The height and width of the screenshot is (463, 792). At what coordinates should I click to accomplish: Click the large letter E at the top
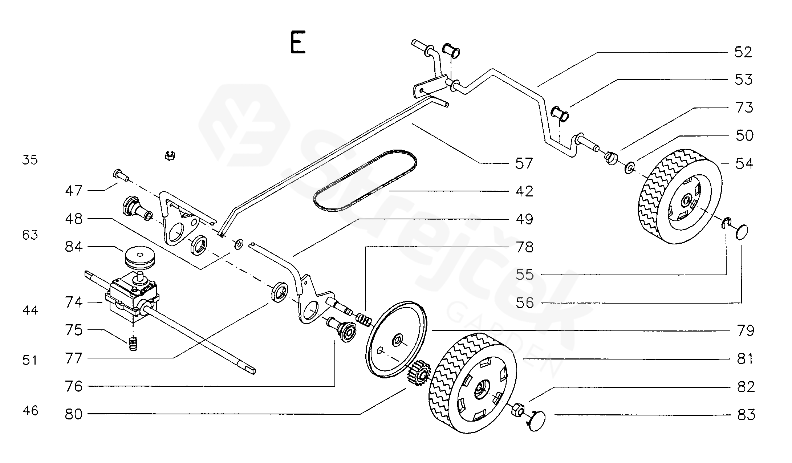tap(297, 42)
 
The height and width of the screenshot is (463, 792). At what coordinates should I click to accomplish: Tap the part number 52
tap(743, 52)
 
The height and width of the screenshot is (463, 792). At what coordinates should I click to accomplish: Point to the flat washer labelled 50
tap(629, 168)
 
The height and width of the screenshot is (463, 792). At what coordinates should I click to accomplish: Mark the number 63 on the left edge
tap(30, 235)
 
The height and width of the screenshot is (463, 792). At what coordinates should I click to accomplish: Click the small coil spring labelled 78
tap(364, 320)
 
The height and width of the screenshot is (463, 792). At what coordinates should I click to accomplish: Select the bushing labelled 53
tap(560, 114)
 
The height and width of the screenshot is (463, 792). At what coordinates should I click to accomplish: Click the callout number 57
tap(524, 163)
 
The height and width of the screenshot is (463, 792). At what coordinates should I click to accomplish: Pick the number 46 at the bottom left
tap(30, 411)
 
